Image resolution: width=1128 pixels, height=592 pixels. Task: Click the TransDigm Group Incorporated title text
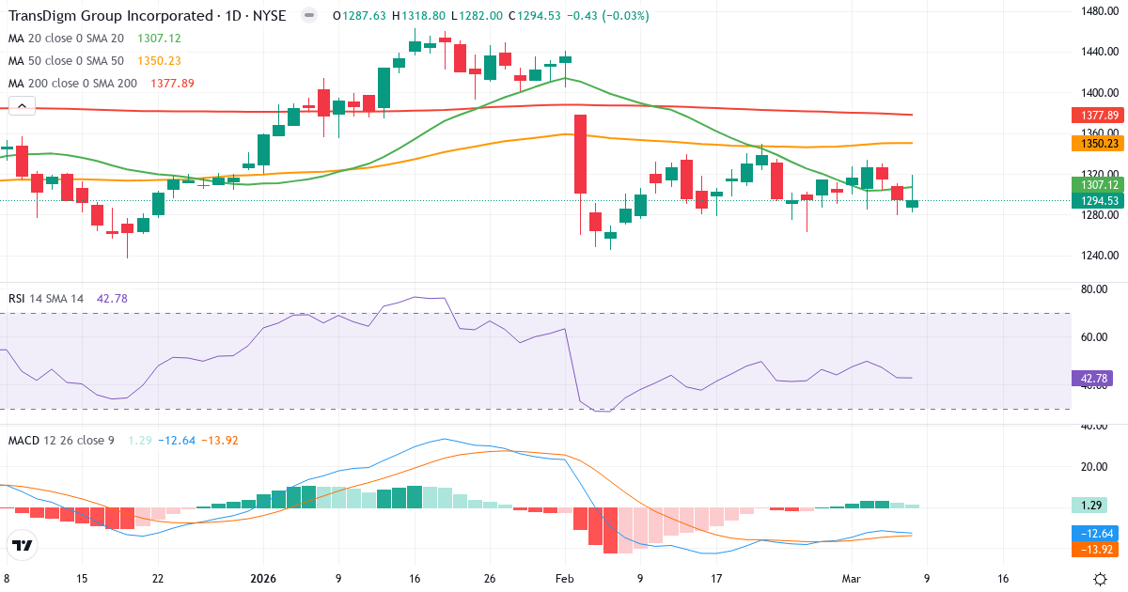pos(109,16)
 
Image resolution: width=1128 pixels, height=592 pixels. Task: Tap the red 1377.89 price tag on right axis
pos(1096,115)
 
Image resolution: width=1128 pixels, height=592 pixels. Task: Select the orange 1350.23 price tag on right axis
pos(1096,144)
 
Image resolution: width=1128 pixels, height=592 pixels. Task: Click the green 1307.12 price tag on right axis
pos(1096,185)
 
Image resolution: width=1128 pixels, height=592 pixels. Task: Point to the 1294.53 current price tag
pos(1096,201)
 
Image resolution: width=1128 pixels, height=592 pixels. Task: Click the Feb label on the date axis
pos(563,579)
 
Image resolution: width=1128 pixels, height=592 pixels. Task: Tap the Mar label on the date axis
pos(850,579)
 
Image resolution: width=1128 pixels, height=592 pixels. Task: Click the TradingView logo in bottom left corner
pos(23,545)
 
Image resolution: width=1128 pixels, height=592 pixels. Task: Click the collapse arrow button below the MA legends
pos(21,107)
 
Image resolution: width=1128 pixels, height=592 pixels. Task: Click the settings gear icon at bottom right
pos(1100,579)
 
